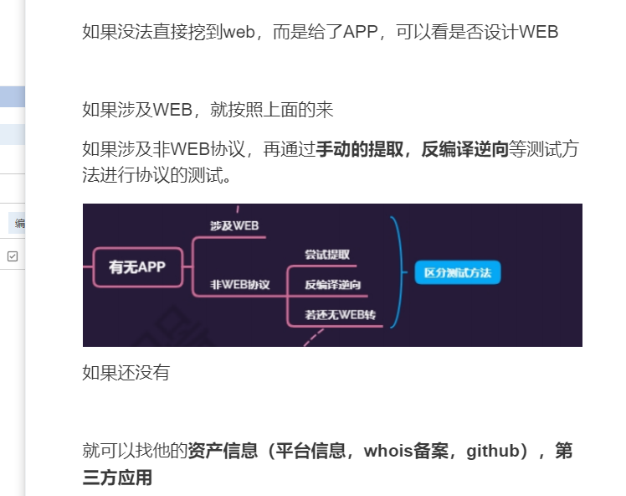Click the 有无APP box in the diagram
coord(137,267)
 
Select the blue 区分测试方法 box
coord(457,273)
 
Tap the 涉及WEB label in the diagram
coord(234,226)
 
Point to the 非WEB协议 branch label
coord(240,285)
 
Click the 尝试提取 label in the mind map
coord(327,255)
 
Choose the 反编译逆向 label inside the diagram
coord(332,285)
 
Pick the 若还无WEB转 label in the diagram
coord(340,315)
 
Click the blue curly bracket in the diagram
coord(400,272)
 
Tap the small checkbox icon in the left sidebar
coord(13,256)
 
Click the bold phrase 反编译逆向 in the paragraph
coord(465,150)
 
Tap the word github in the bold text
coord(494,451)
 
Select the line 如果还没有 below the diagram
coord(126,373)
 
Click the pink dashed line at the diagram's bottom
coord(312,337)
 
